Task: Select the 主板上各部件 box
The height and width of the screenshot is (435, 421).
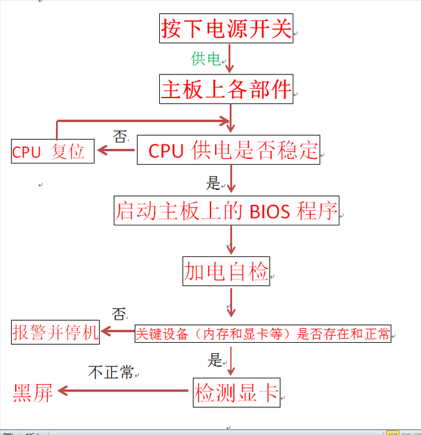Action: coord(226,89)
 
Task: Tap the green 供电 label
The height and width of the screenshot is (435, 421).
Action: coord(205,59)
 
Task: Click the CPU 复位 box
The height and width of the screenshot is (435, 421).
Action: coord(53,151)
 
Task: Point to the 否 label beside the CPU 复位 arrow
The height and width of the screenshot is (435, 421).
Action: coord(120,136)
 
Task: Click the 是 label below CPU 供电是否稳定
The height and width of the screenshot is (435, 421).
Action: coord(213,182)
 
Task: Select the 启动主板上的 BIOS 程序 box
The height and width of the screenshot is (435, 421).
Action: coord(226,211)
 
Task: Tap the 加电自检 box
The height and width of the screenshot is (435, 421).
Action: coord(226,271)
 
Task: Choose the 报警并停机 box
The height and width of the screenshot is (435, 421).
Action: coord(55,332)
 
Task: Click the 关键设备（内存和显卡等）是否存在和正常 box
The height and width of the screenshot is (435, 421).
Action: coord(262,333)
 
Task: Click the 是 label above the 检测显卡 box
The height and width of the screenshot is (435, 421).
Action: coord(215,359)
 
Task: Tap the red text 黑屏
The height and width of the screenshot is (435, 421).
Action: coord(33,393)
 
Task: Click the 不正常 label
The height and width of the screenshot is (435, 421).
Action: coord(111,372)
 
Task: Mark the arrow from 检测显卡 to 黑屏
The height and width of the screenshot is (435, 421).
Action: coord(125,391)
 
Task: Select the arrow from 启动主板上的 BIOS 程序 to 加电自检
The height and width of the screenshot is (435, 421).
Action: coord(231,240)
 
